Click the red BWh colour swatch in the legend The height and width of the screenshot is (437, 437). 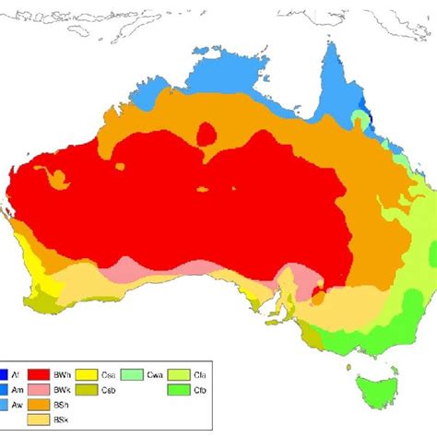(x=39, y=374)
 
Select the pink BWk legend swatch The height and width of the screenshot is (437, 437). (x=39, y=390)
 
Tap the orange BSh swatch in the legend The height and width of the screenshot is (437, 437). (x=39, y=405)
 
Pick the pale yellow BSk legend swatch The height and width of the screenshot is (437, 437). (x=39, y=420)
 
